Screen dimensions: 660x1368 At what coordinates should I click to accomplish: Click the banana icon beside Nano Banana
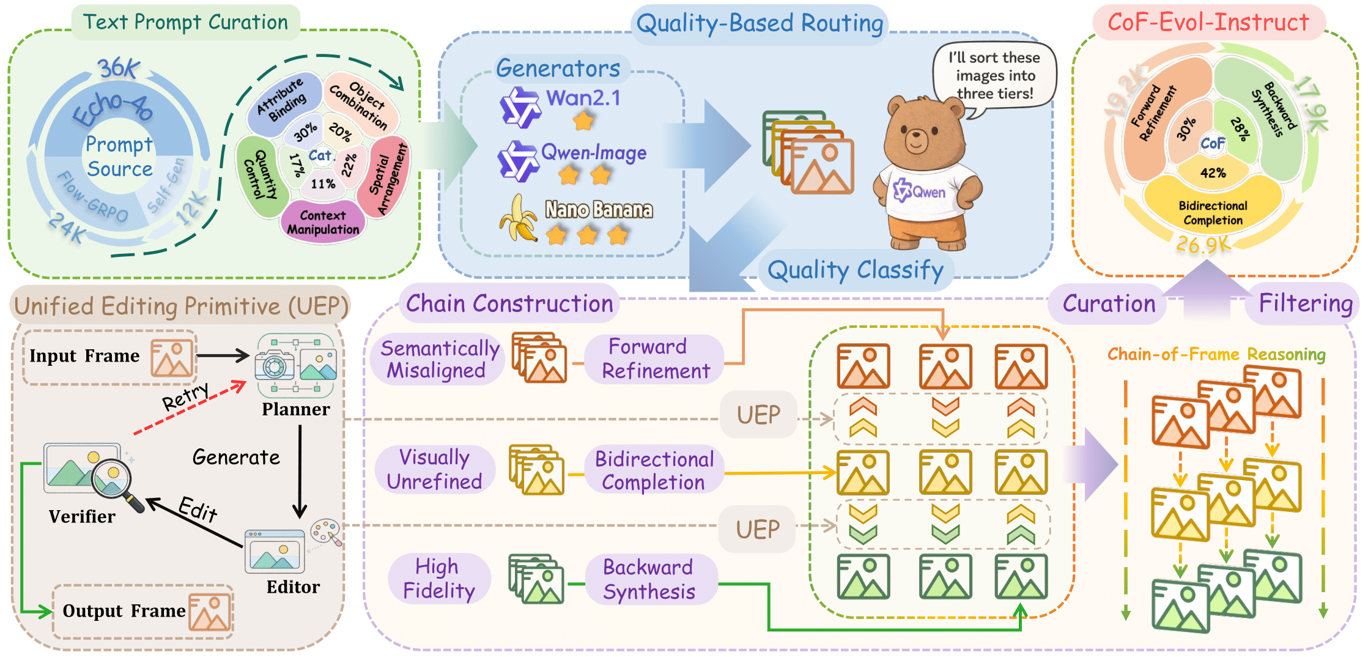pos(517,219)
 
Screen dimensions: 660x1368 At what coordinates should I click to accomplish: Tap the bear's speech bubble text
pos(994,76)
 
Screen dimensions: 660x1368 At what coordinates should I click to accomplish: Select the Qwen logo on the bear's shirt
pos(919,191)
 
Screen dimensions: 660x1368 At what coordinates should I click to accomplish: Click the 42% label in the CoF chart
pos(1213,173)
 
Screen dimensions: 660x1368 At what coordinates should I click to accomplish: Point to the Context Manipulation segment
pos(323,222)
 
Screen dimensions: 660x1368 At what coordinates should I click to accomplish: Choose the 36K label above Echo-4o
pos(119,68)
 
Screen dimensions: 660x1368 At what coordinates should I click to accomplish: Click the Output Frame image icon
pos(210,612)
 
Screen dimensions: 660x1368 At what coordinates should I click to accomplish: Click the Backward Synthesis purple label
pos(649,579)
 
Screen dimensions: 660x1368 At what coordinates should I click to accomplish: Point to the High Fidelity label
pos(438,579)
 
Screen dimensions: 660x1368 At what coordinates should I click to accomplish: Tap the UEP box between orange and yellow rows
pos(758,415)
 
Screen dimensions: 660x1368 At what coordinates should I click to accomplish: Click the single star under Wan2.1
pos(583,121)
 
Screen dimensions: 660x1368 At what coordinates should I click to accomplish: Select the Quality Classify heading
pos(855,270)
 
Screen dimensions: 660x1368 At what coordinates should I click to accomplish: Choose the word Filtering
pos(1305,303)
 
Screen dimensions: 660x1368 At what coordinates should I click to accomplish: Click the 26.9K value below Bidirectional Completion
pos(1202,245)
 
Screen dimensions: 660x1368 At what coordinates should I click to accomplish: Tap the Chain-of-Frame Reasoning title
pos(1216,354)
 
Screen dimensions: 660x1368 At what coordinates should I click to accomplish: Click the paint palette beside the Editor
pos(325,530)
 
